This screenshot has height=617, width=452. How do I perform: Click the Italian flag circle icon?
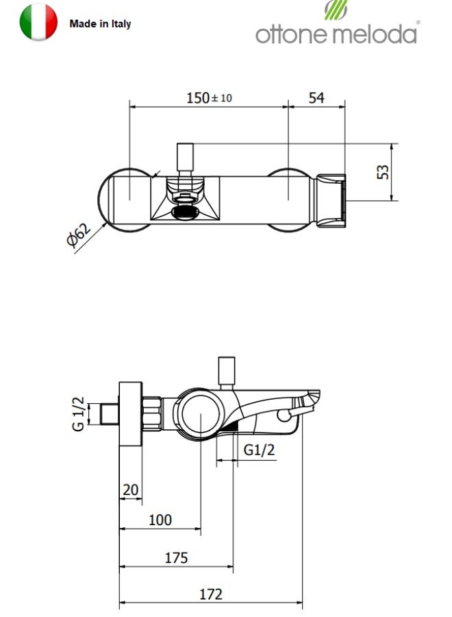(38, 22)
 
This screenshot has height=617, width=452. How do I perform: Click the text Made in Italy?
(100, 24)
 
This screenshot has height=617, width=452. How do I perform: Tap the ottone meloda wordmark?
(336, 34)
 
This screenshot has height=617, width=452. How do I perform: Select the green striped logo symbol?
(336, 10)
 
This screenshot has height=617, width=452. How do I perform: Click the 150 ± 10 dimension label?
(209, 97)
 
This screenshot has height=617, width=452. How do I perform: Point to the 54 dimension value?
(316, 98)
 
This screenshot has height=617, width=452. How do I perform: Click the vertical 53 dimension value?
(382, 172)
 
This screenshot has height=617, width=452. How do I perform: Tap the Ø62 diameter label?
(79, 235)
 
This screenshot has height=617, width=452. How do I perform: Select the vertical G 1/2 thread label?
(78, 414)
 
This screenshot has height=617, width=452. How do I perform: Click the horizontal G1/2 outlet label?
(259, 449)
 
